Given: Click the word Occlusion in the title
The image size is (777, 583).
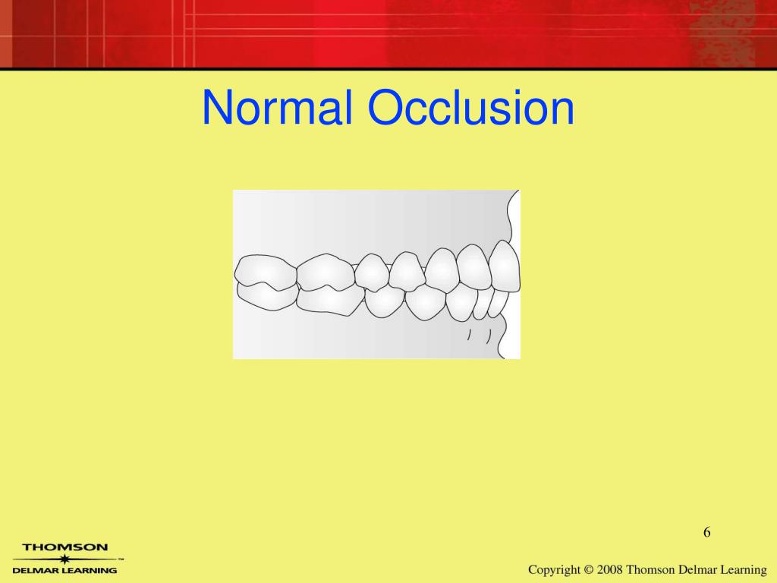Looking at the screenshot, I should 470,109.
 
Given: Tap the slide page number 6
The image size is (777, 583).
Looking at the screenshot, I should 706,532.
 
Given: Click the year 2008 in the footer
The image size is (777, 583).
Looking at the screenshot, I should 609,569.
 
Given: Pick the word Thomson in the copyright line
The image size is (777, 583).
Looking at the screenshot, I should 650,569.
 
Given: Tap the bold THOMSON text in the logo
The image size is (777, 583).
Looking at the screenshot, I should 65,547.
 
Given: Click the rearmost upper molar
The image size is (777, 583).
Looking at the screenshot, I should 263,269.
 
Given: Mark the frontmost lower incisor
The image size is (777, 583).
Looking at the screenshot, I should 496,302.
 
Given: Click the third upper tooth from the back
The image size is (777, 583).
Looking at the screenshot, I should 372,272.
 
